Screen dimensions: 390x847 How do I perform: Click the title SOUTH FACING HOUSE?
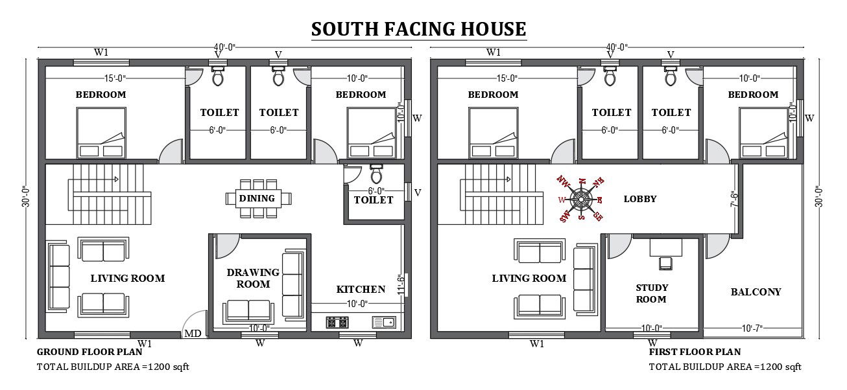tap(418, 29)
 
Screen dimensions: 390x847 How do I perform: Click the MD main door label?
tap(193, 334)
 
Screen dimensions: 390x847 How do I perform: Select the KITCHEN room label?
tap(361, 289)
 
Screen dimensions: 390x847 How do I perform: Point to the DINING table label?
tap(257, 198)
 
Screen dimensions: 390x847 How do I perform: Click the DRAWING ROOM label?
tap(253, 278)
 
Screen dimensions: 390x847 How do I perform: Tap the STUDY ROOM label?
tap(651, 293)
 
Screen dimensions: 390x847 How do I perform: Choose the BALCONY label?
tap(756, 292)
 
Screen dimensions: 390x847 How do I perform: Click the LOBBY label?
tap(640, 199)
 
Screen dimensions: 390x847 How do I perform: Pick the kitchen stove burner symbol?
tap(337, 321)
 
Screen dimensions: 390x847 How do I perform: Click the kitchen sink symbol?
tap(383, 321)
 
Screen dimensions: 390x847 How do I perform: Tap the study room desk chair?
tap(665, 262)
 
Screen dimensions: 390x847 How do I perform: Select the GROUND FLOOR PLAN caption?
tap(89, 352)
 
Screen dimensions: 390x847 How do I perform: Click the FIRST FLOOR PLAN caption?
tap(695, 352)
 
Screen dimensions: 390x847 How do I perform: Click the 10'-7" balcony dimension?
tap(752, 328)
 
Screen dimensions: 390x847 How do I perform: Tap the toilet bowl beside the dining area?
tap(376, 175)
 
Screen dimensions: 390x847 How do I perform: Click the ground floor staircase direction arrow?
tap(115, 178)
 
